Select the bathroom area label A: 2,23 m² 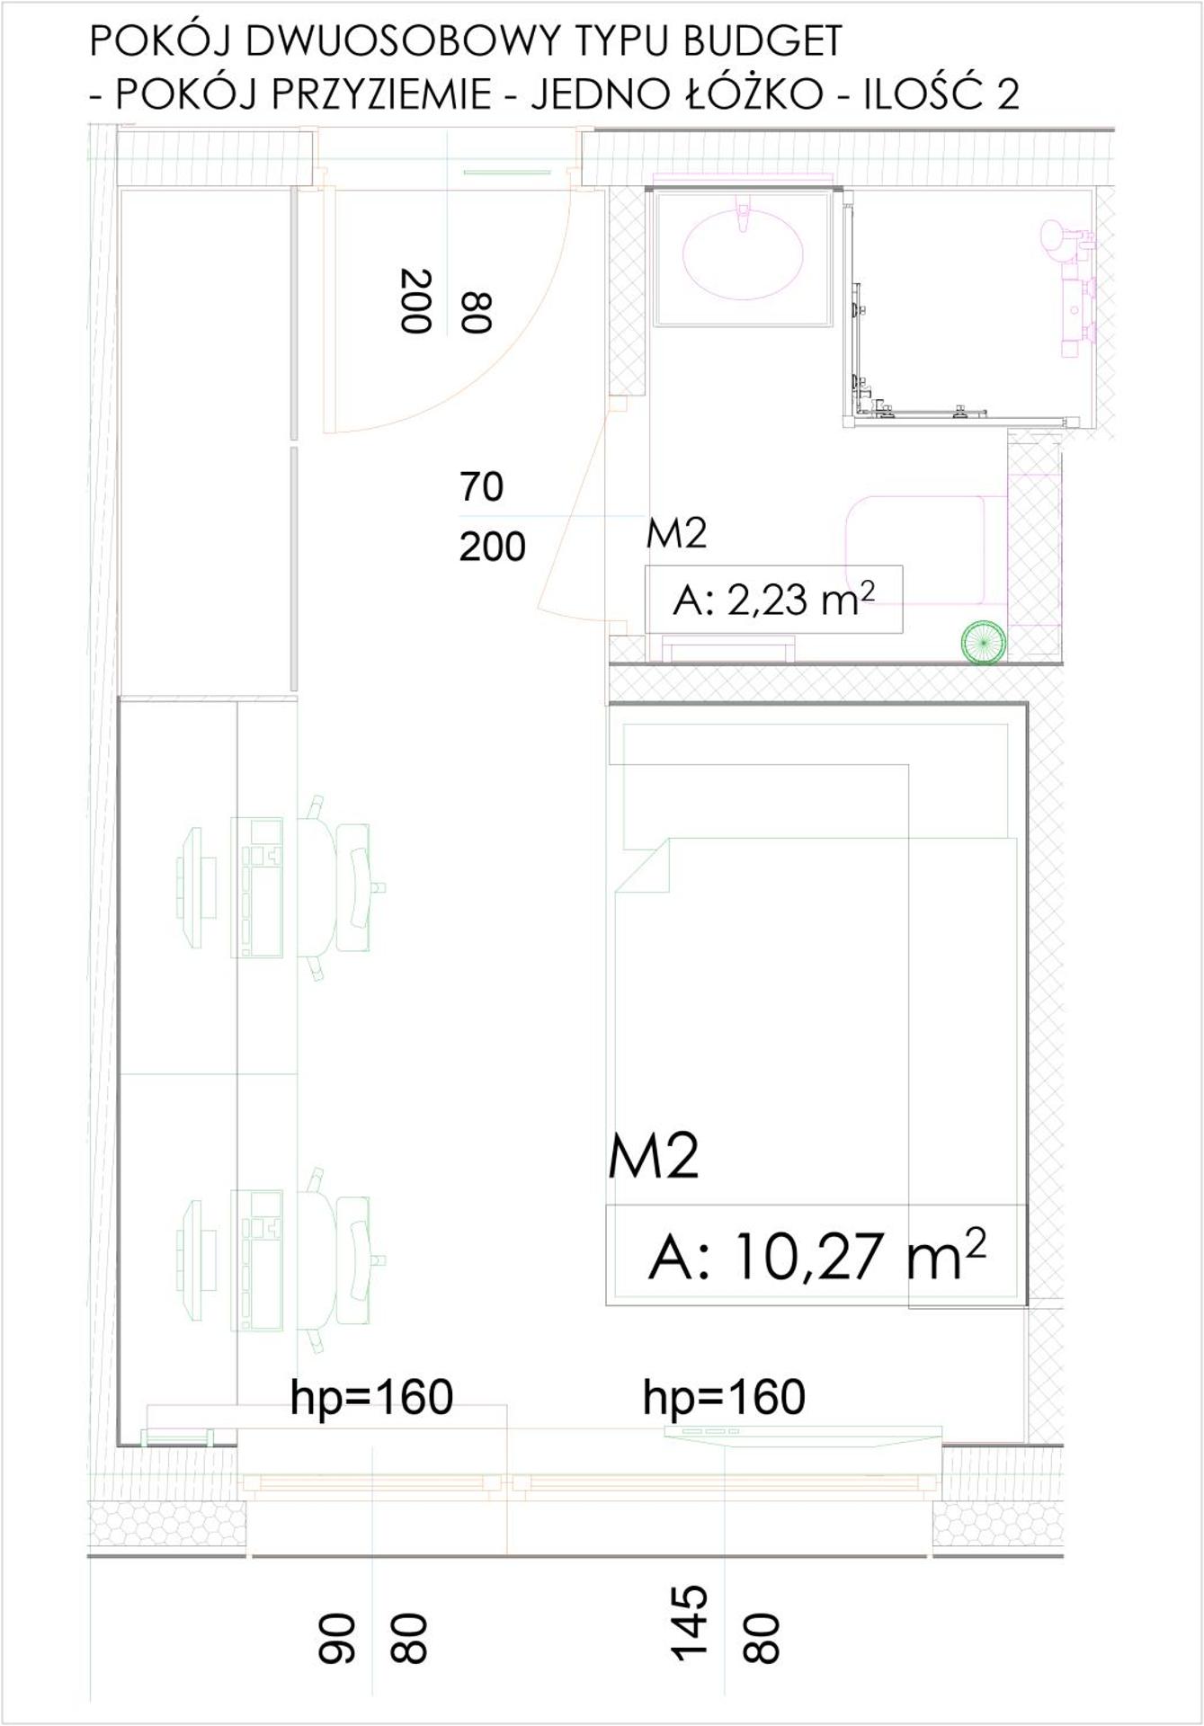point(772,600)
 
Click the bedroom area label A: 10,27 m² point(816,1255)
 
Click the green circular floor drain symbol point(983,642)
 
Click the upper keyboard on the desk point(258,885)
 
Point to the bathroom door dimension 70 point(481,486)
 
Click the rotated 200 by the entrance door point(415,300)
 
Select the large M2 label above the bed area point(653,1157)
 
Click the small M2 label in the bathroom point(676,534)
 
